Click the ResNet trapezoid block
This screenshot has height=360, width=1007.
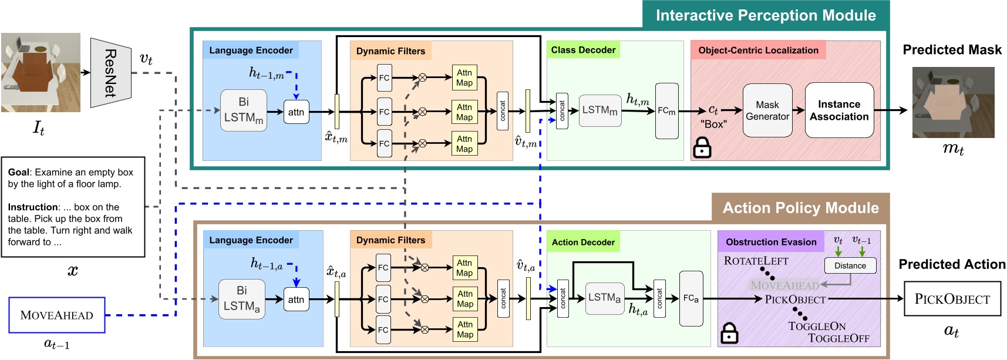[110, 73]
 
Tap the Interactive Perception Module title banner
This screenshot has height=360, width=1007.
[765, 15]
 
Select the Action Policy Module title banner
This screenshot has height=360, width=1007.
[800, 208]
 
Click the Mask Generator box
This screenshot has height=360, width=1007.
[767, 110]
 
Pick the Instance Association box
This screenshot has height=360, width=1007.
[839, 110]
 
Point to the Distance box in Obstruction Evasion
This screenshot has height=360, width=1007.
[850, 265]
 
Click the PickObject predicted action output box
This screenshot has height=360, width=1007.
[952, 299]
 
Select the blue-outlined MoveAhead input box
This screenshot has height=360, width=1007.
[57, 315]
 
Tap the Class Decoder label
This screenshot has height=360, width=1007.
[583, 50]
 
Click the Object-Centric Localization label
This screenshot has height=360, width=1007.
[758, 51]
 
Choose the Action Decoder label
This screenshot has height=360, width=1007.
[583, 242]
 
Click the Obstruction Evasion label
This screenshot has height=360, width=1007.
[771, 242]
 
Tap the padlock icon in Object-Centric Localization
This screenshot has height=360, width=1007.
[702, 148]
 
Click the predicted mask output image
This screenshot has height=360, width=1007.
[953, 102]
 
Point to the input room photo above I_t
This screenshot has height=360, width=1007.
[41, 72]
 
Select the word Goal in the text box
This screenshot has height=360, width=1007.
[18, 172]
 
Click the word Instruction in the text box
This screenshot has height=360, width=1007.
[33, 207]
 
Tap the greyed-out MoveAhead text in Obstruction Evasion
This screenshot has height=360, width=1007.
[784, 285]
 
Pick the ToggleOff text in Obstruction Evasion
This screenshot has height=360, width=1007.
[838, 338]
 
